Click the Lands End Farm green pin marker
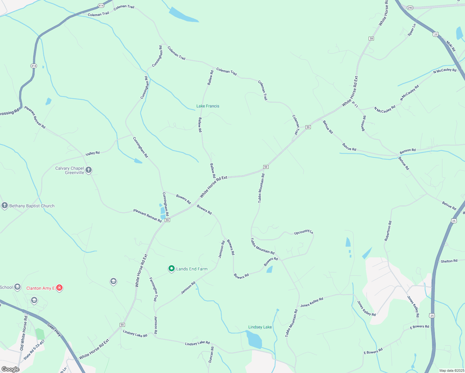point(171,269)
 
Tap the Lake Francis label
point(208,106)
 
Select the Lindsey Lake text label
point(260,327)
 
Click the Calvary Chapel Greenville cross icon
point(89,170)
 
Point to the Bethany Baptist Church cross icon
point(4,205)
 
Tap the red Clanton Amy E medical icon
point(59,288)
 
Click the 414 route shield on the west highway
point(34,66)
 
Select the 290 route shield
point(410,8)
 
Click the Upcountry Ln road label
point(303,232)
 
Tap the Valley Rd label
point(93,153)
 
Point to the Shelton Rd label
point(449,261)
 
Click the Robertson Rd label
point(388,231)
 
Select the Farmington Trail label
point(154,289)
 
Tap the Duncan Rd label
point(211,355)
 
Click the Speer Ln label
point(412,30)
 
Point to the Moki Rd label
point(451,46)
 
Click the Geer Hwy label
point(54,329)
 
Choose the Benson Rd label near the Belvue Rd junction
point(407,151)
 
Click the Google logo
point(10,369)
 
